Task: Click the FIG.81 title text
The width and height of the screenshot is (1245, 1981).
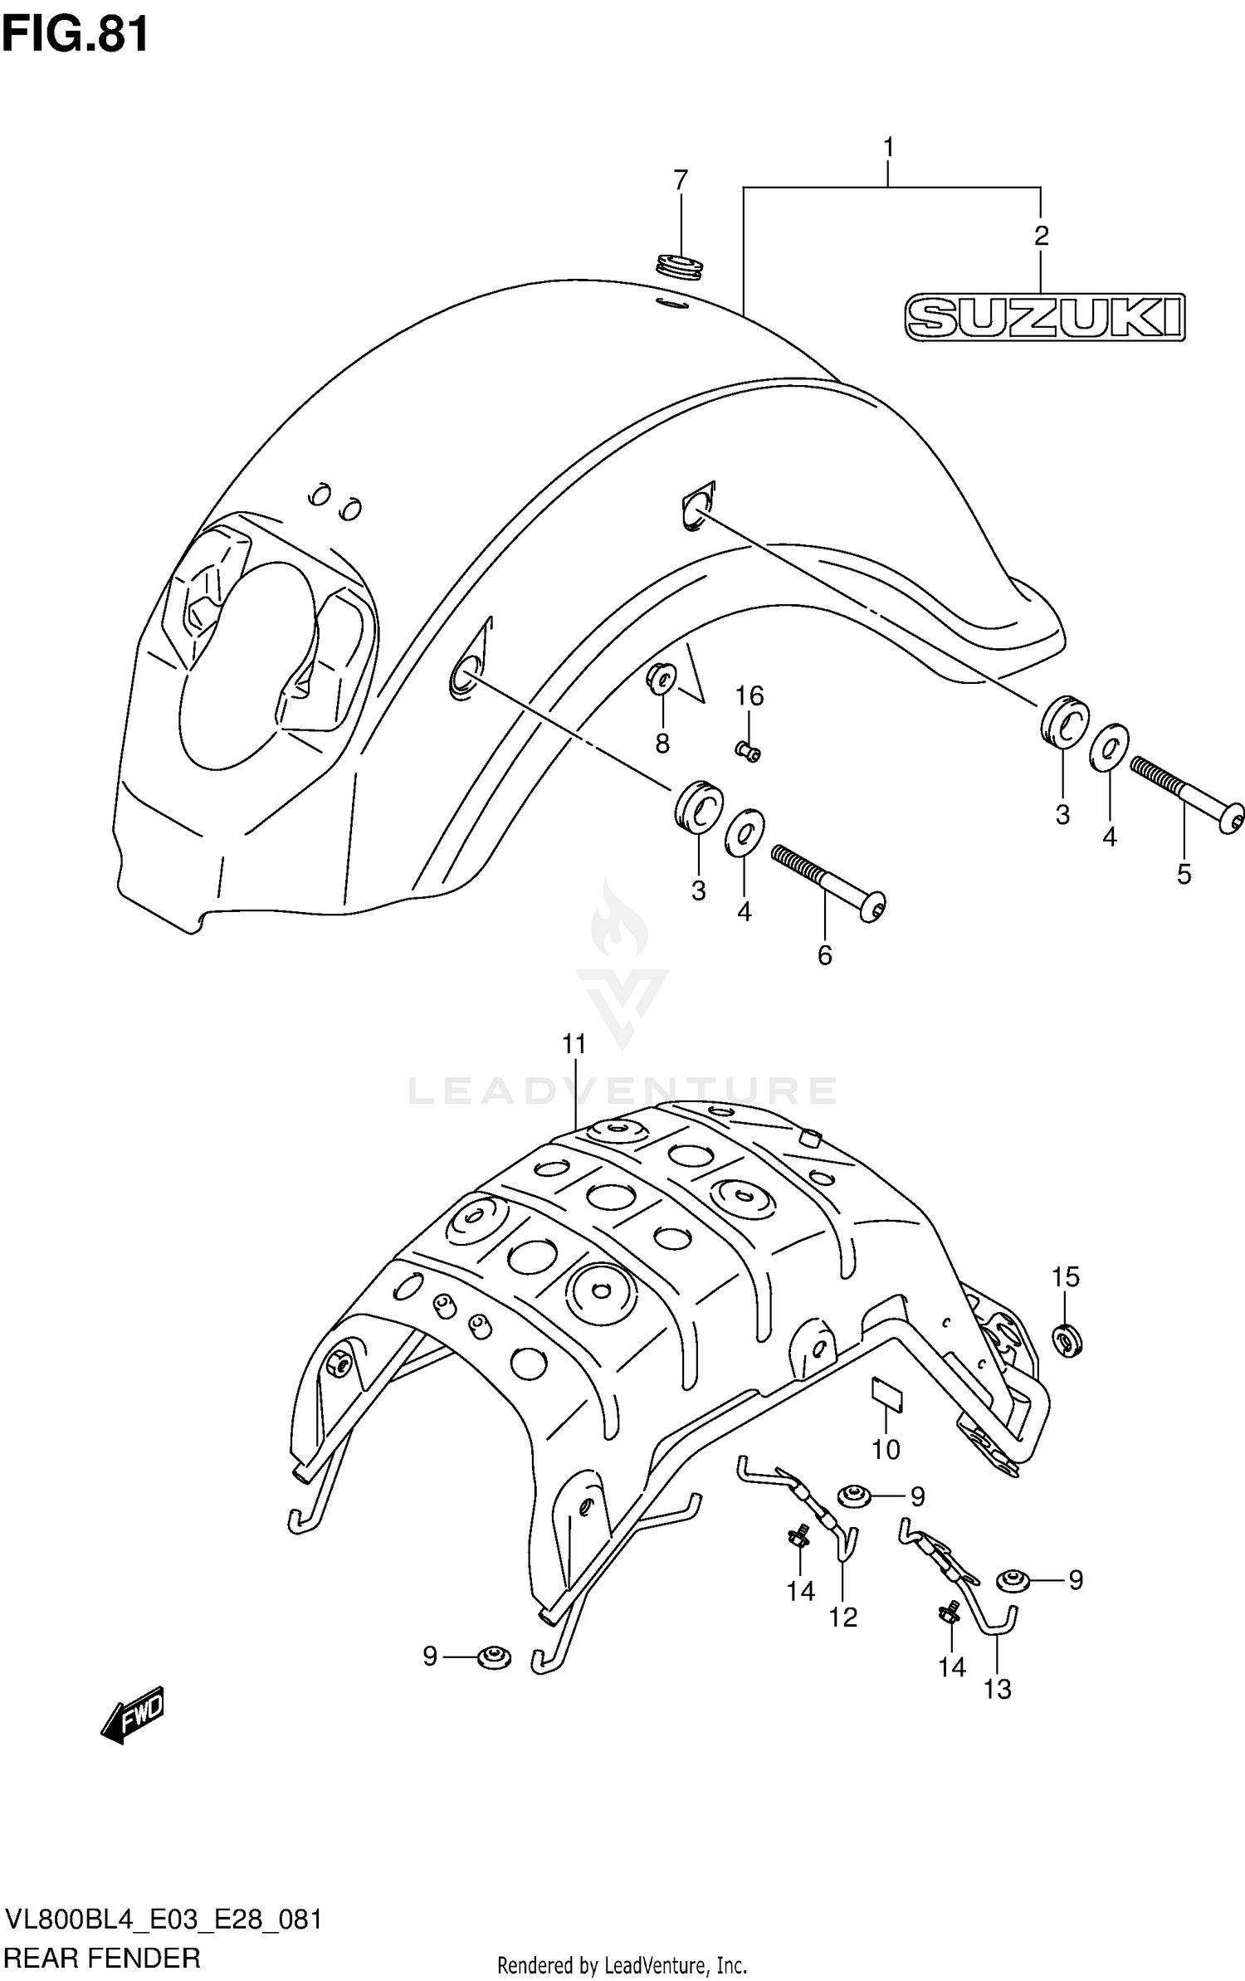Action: pos(76,35)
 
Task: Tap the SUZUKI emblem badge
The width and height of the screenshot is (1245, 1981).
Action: pos(1044,316)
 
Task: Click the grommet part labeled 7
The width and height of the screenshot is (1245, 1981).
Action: pos(680,267)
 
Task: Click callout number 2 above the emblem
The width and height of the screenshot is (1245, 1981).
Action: pos(1041,236)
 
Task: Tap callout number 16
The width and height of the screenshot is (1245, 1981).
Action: pos(749,695)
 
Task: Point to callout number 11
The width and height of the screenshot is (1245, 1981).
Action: pos(574,1044)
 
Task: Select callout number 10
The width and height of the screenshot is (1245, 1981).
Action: pos(886,1449)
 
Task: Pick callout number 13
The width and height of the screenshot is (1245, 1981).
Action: pos(998,1688)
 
